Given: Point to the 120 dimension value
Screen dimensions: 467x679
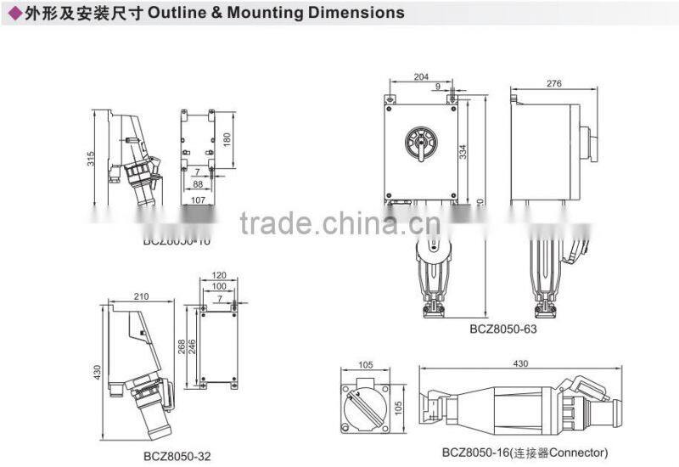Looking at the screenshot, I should pos(218,275).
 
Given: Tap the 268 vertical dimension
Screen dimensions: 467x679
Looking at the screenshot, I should pos(181,346).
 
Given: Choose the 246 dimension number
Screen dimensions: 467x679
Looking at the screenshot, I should pos(192,346).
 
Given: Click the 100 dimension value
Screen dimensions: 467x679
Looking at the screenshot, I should pos(218,287).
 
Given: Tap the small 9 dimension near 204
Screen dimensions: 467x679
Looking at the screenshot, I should pos(438,86).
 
